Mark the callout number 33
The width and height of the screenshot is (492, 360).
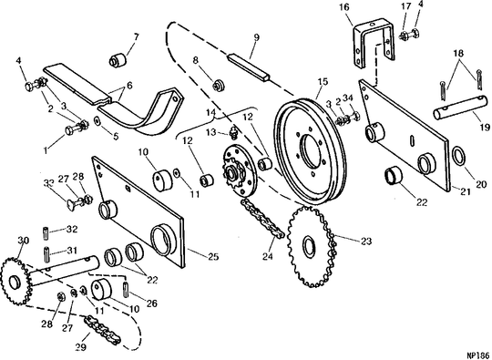tap(48, 182)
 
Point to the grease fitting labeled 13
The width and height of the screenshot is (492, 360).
tap(233, 134)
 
